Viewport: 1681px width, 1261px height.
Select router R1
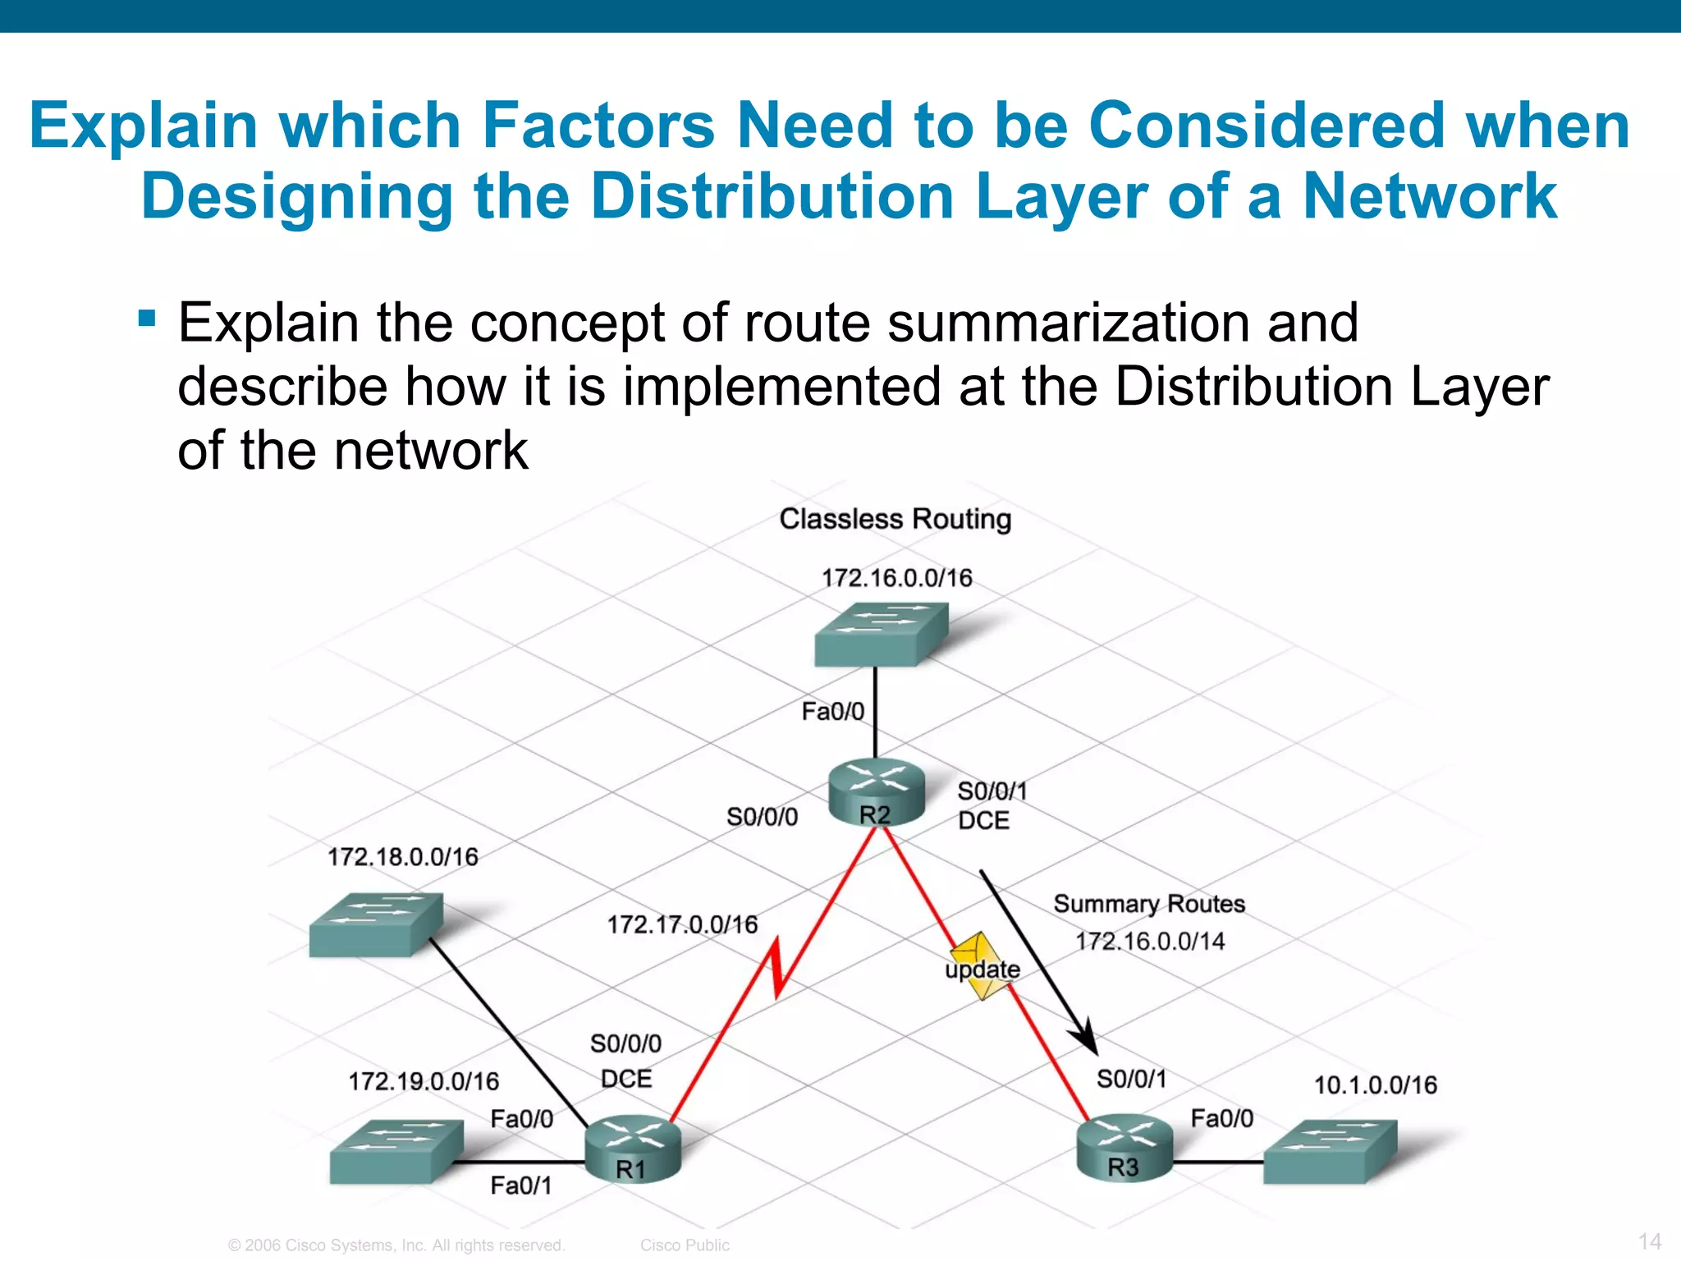(633, 1148)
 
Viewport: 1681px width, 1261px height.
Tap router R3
(1124, 1146)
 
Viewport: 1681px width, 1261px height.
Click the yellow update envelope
(981, 966)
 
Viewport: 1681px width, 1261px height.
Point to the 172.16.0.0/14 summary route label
(1150, 941)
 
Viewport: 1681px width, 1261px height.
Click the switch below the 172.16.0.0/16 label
(881, 634)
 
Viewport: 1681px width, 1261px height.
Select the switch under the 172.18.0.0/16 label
(376, 924)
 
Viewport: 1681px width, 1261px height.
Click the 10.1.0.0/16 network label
(1376, 1085)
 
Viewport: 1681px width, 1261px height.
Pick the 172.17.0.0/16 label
(682, 925)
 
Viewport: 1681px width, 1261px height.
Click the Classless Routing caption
(895, 519)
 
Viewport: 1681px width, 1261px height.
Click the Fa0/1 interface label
(521, 1185)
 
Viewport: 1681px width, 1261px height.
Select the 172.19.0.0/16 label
(424, 1081)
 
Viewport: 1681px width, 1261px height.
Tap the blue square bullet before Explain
(147, 318)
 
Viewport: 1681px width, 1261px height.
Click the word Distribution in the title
(772, 197)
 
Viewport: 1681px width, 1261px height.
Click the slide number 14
(1650, 1240)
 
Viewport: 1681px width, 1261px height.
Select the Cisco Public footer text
(685, 1245)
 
